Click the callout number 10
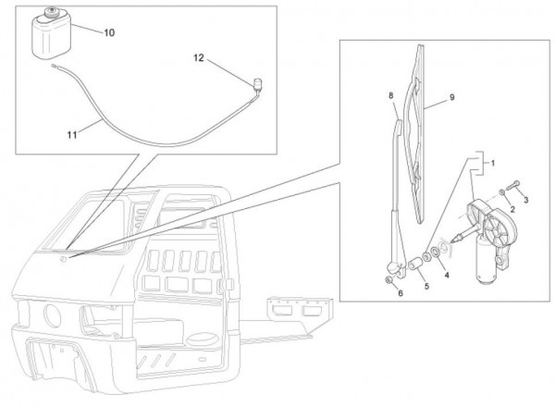pyautogui.click(x=109, y=32)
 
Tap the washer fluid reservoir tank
pyautogui.click(x=51, y=39)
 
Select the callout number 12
pyautogui.click(x=198, y=57)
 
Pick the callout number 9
pyautogui.click(x=452, y=96)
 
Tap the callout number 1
pyautogui.click(x=493, y=163)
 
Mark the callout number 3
pyautogui.click(x=526, y=196)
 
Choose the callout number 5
pyautogui.click(x=426, y=288)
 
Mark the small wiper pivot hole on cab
pyautogui.click(x=63, y=261)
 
